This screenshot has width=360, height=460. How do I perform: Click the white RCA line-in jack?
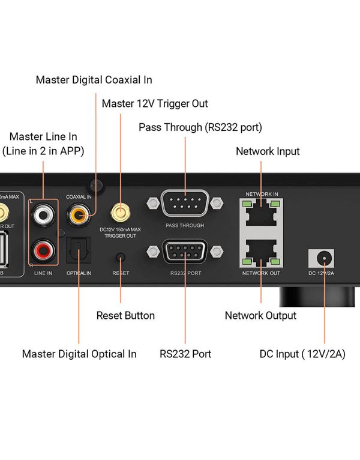[43, 214]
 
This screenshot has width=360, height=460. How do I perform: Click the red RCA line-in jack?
[43, 249]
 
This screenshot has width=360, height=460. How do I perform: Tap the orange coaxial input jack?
[78, 213]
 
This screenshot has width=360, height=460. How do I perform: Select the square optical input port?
[79, 249]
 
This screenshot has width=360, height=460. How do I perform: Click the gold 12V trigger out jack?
[121, 213]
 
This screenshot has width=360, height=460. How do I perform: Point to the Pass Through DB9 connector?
[185, 205]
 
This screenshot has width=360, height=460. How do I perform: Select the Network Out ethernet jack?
[261, 252]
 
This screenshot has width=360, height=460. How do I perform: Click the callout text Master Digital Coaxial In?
[94, 79]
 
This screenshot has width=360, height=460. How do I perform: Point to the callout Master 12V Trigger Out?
[155, 103]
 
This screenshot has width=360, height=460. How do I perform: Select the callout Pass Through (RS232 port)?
[200, 127]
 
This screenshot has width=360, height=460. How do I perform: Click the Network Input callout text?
[268, 151]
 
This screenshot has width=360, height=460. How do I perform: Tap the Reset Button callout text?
[125, 315]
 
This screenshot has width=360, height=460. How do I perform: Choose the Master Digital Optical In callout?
[79, 354]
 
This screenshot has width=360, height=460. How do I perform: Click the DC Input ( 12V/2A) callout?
[302, 354]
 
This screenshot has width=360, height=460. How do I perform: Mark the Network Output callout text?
[260, 315]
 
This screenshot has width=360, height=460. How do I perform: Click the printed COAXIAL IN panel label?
[79, 196]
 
